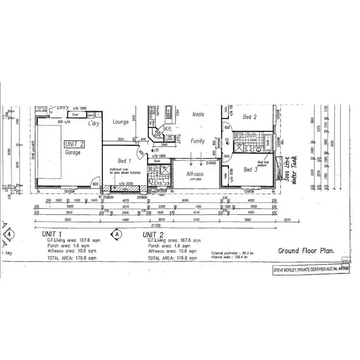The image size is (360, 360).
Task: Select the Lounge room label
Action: tap(120, 122)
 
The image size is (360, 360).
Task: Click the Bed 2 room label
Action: tap(250, 117)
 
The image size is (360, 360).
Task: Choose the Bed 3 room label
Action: tap(251, 169)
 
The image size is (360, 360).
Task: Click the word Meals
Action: tap(198, 114)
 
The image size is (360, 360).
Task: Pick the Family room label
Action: tap(198, 141)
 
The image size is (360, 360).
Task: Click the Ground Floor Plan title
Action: tap(306, 250)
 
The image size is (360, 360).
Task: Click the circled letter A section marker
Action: tap(116, 234)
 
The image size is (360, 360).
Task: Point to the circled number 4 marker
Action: tap(9, 234)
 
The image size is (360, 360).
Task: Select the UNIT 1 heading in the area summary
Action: tap(52, 233)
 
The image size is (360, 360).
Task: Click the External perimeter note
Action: tap(229, 252)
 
